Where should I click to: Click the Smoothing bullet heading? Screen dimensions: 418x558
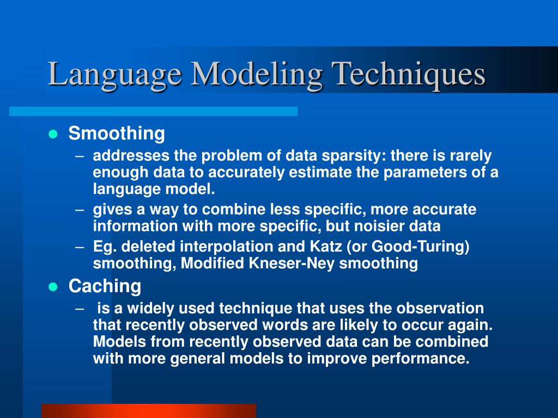pyautogui.click(x=116, y=133)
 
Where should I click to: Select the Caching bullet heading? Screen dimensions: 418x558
pyautogui.click(x=105, y=286)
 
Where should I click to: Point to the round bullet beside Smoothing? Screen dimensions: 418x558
pyautogui.click(x=53, y=134)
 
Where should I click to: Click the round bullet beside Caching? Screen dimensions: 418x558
pyautogui.click(x=53, y=287)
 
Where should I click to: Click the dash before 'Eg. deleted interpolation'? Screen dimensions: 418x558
pyautogui.click(x=80, y=247)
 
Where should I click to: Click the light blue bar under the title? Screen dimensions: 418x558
pyautogui.click(x=153, y=111)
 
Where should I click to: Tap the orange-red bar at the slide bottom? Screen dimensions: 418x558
pyautogui.click(x=148, y=410)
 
